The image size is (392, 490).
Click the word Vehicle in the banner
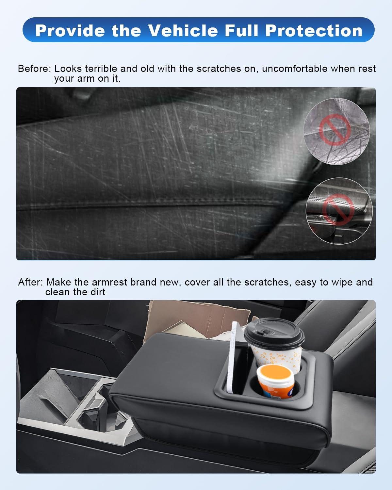coord(183,30)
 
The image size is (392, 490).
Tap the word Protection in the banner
coord(314,30)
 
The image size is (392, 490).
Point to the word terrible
coord(101,69)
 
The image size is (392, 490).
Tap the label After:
coord(30,282)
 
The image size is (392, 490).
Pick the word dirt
coord(97,292)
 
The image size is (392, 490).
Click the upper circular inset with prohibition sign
coord(336,131)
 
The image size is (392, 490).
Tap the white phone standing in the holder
coord(233,356)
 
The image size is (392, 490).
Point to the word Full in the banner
coord(241,30)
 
